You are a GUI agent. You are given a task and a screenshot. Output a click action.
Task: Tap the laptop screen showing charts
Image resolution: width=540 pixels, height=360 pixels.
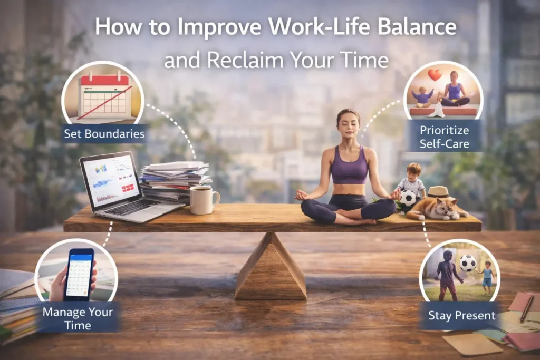(x=110, y=180)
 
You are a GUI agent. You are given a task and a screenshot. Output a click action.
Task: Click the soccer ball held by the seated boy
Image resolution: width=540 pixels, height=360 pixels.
(x=408, y=198)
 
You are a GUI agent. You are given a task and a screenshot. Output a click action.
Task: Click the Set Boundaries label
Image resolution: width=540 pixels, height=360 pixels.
(x=104, y=134)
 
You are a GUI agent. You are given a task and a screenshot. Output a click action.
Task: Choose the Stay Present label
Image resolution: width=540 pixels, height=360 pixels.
(x=461, y=316)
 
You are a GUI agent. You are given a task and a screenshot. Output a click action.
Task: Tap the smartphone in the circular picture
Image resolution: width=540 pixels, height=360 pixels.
(x=79, y=274)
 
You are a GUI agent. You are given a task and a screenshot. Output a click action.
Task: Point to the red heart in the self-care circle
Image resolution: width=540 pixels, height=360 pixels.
(x=435, y=75)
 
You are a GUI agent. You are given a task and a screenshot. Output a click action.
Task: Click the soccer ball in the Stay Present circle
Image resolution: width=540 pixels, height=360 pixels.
(x=467, y=262)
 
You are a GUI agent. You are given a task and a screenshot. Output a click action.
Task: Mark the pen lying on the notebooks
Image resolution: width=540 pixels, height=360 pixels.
(x=526, y=309)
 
